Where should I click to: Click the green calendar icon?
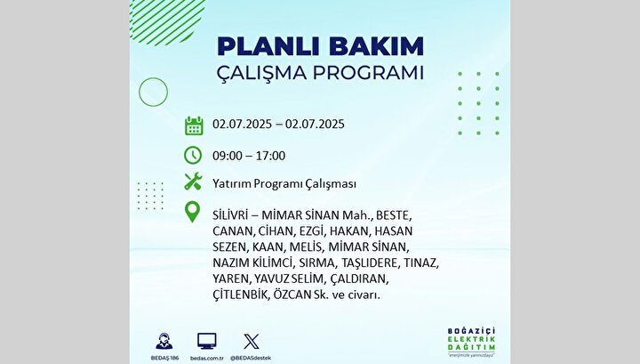194,125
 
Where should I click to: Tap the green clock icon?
193,155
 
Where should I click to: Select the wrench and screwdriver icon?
193,182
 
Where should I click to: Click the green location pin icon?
192,212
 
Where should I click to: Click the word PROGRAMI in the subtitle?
368,73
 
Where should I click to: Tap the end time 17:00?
270,156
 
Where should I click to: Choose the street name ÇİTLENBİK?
240,295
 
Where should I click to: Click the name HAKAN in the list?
349,231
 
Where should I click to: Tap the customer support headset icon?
164,341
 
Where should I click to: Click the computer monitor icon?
207,341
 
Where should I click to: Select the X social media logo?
251,342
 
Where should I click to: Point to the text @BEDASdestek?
251,359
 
